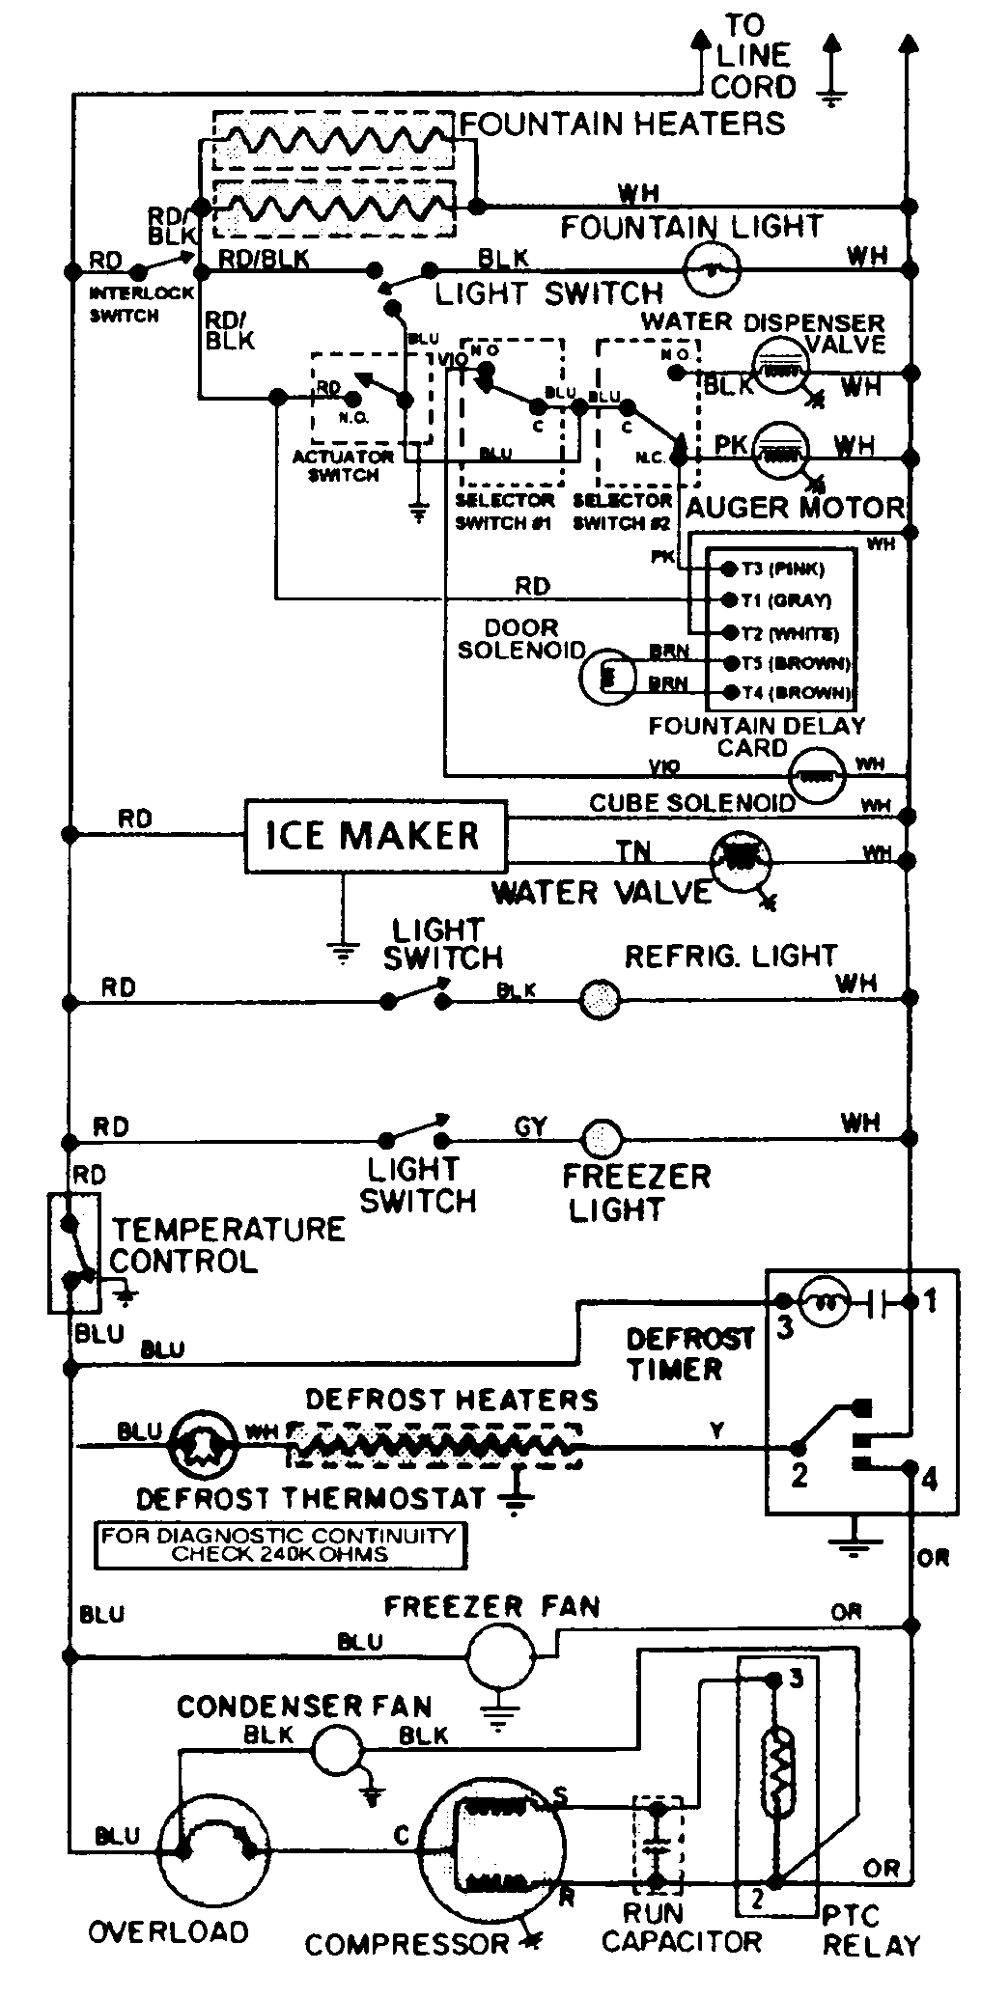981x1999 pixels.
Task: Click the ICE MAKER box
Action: click(375, 836)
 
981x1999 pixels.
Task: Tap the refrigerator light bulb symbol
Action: click(600, 1001)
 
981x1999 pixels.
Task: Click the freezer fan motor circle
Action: click(500, 1656)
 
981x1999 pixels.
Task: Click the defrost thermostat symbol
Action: click(202, 1445)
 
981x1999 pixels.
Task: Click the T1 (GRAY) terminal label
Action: click(785, 600)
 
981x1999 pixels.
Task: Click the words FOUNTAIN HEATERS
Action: click(623, 124)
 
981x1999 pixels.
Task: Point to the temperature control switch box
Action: click(73, 1252)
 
